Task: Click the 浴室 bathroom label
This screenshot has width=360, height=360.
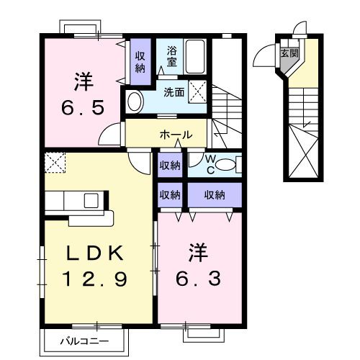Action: click(171, 58)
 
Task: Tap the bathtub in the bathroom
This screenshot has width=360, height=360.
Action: click(194, 57)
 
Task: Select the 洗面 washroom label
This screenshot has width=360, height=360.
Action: click(173, 92)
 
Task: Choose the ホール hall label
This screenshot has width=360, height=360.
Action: click(176, 135)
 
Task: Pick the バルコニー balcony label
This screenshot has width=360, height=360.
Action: click(85, 341)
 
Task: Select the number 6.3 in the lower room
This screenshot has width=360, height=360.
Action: click(198, 277)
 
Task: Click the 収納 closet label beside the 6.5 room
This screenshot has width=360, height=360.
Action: click(140, 63)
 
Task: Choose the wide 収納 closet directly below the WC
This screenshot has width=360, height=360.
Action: click(214, 194)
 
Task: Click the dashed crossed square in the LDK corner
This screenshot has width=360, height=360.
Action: click(54, 162)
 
